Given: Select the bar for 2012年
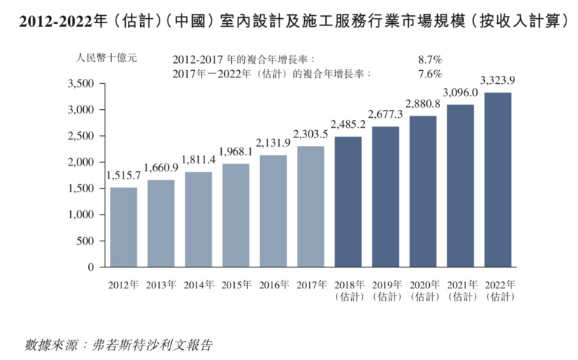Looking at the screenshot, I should click(123, 227).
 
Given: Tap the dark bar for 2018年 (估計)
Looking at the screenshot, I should click(348, 202).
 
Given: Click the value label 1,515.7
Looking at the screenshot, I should click(123, 175).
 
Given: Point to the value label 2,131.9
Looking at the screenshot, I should click(273, 142).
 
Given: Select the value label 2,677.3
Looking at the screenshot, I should click(386, 114).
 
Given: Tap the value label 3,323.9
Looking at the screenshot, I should click(498, 80).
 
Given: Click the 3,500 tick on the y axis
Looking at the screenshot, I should click(80, 84).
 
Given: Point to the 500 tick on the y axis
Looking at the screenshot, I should click(86, 241).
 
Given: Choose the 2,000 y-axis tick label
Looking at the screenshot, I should click(80, 163).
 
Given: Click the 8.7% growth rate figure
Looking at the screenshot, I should click(429, 59).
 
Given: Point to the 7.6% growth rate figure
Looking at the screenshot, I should click(429, 74).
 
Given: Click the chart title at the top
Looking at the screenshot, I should click(289, 22).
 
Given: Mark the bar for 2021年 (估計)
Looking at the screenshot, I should click(461, 186).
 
